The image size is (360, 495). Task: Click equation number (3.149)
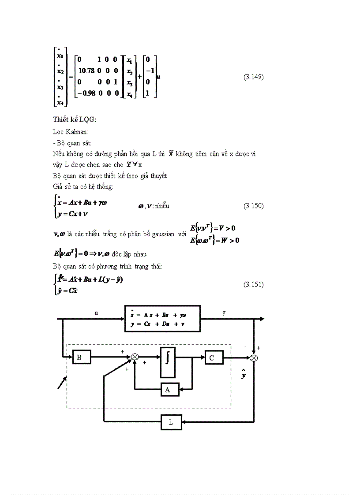(253, 77)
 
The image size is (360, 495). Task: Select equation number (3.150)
(253, 206)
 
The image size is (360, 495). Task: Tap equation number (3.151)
(253, 284)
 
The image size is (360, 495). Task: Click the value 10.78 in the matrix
(86, 71)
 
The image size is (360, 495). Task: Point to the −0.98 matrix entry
(86, 93)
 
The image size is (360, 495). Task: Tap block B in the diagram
(81, 357)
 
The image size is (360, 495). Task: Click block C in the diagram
(214, 357)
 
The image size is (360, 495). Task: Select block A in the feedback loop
(169, 390)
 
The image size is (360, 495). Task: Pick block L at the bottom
(171, 422)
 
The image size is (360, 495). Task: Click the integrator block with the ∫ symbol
(168, 362)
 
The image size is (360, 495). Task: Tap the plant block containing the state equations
(162, 318)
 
